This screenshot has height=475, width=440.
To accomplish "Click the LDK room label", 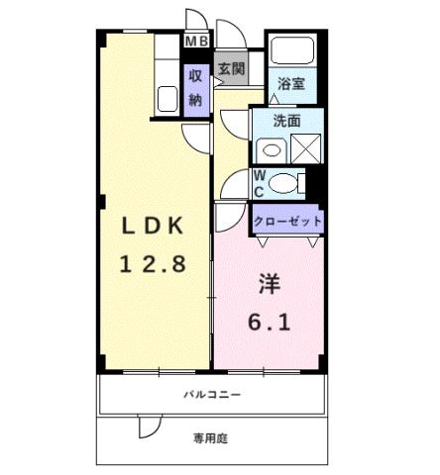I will tap(153, 225).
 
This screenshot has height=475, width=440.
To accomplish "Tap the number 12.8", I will tap(153, 264).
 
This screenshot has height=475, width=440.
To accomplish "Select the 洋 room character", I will tap(269, 284).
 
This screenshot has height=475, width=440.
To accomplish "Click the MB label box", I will tap(197, 41).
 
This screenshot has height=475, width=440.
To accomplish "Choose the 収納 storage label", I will tap(195, 85).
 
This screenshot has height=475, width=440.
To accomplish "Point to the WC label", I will tap(259, 183).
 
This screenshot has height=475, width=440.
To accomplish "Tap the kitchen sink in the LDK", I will tap(165, 97).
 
